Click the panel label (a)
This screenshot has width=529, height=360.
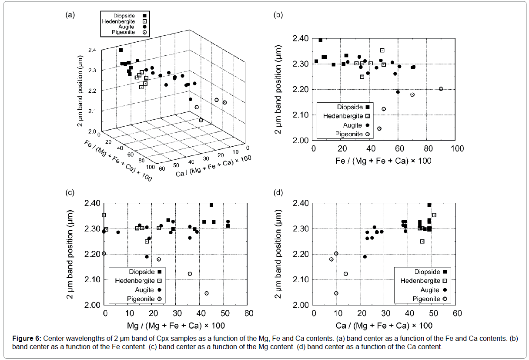pyautogui.click(x=70, y=15)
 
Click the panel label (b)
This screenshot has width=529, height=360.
pyautogui.click(x=278, y=15)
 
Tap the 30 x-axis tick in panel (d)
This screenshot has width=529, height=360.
pyautogui.click(x=385, y=313)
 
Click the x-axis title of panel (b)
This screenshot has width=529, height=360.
pyautogui.click(x=384, y=161)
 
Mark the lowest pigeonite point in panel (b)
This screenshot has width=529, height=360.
pyautogui.click(x=379, y=128)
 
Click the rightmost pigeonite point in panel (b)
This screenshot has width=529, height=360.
pyautogui.click(x=441, y=89)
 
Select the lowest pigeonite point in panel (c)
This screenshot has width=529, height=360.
pyautogui.click(x=206, y=293)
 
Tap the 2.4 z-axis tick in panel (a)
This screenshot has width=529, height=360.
pyautogui.click(x=92, y=50)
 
